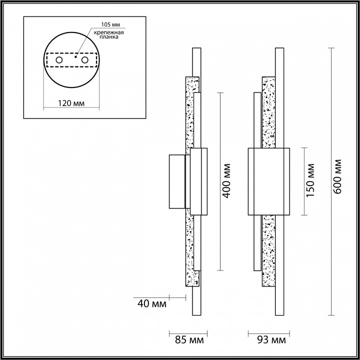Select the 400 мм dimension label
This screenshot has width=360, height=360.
coord(227,180)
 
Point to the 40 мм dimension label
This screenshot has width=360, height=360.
coord(151,302)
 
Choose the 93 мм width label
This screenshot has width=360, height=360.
coord(269,340)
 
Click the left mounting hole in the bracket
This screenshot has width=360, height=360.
coord(59,60)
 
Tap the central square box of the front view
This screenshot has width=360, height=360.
coord(269,182)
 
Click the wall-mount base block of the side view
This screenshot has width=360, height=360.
coord(177,182)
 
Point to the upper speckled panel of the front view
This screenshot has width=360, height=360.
coord(268,112)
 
